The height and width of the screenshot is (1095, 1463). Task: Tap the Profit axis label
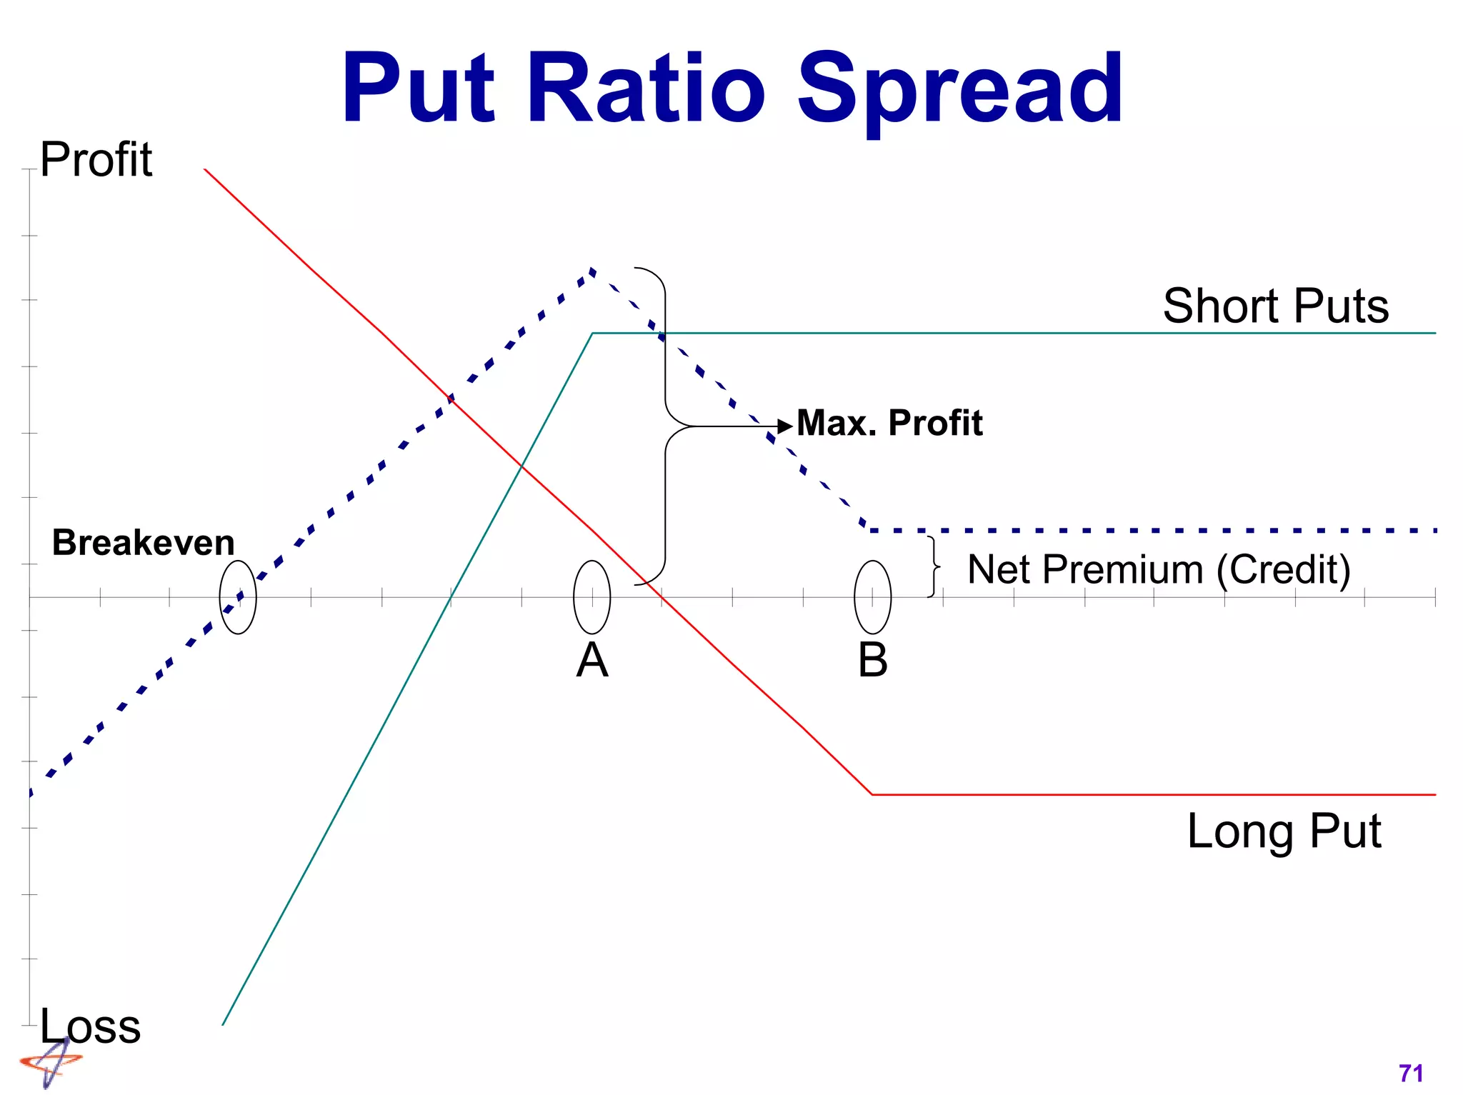pyautogui.click(x=96, y=159)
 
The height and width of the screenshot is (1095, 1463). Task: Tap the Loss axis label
pyautogui.click(x=90, y=1026)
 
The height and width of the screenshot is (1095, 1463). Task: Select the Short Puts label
pyautogui.click(x=1275, y=306)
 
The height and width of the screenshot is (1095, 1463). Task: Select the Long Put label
pyautogui.click(x=1284, y=831)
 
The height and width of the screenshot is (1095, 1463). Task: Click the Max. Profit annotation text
pyautogui.click(x=889, y=423)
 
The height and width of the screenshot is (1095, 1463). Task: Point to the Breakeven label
pyautogui.click(x=143, y=543)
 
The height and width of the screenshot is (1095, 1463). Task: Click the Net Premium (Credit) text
pyautogui.click(x=1159, y=570)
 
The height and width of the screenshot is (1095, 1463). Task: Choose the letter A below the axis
pyautogui.click(x=592, y=660)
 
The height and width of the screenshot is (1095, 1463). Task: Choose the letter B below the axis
pyautogui.click(x=872, y=660)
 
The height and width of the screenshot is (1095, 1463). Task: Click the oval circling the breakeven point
pyautogui.click(x=238, y=597)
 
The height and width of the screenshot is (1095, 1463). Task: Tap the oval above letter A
pyautogui.click(x=592, y=597)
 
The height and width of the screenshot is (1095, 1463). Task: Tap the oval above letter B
pyautogui.click(x=872, y=597)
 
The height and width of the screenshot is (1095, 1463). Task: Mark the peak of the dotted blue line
pyautogui.click(x=592, y=270)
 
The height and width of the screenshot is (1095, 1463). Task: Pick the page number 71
pyautogui.click(x=1411, y=1073)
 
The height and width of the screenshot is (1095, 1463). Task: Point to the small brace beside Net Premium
pyautogui.click(x=933, y=566)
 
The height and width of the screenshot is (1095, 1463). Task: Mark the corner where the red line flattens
pyautogui.click(x=872, y=794)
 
